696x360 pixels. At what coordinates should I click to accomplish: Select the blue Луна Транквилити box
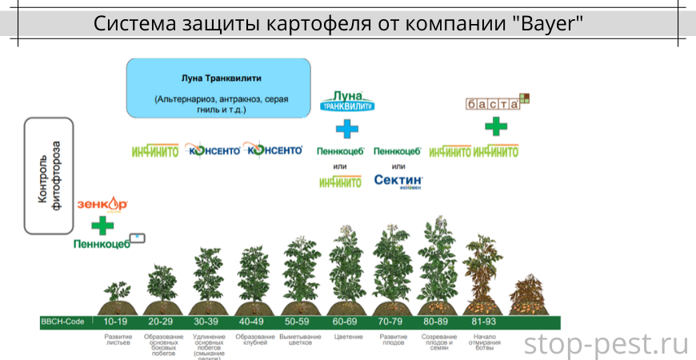point(218,88)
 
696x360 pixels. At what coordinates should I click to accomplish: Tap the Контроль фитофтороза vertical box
point(49,175)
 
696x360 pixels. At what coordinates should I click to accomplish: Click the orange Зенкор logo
point(102,205)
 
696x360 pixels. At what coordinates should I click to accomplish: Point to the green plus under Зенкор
point(102,225)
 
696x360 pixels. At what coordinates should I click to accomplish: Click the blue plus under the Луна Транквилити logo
point(347,128)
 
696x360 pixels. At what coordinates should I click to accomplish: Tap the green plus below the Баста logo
point(496,126)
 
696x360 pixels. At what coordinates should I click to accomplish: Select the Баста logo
point(497,103)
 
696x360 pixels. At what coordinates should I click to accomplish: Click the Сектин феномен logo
point(398,181)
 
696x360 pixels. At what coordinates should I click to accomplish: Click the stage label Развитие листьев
point(118,341)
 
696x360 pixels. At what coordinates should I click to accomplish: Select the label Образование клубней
point(254,341)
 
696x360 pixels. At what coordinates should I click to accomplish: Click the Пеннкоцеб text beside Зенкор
point(102,243)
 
